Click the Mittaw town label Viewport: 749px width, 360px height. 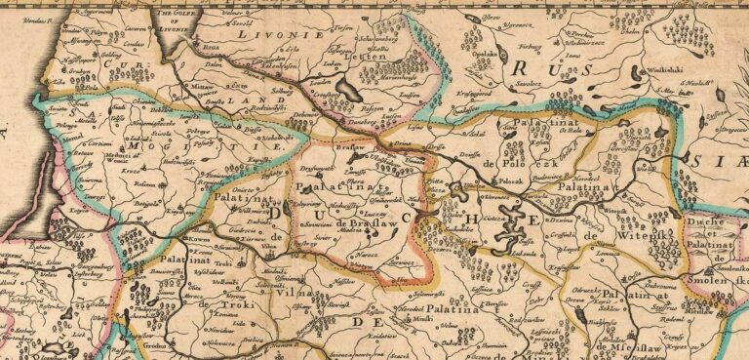click(x=201, y=87)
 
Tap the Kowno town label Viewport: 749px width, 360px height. click(x=199, y=237)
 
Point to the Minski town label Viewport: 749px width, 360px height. click(x=422, y=319)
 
